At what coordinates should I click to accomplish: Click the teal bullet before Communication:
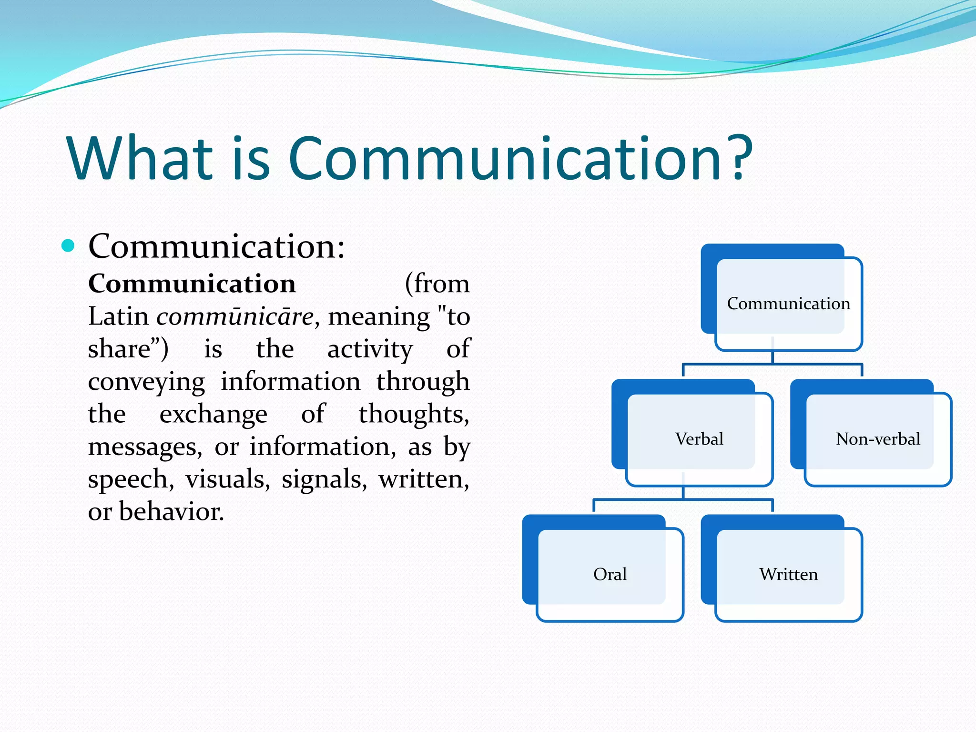tap(69, 245)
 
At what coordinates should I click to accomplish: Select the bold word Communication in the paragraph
tap(192, 284)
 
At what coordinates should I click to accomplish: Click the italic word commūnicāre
tap(235, 316)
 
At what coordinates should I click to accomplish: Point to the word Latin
tap(118, 316)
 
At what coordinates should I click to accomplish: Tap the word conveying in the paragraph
tap(146, 382)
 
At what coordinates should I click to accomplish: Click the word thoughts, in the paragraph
tap(414, 414)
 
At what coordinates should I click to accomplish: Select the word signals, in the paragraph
tap(324, 479)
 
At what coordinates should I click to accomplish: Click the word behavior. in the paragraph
tap(171, 512)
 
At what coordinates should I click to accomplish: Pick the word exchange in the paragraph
tap(213, 414)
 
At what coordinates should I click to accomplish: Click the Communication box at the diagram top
tap(788, 304)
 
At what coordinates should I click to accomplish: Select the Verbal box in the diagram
tap(699, 439)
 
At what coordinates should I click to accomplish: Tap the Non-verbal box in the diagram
tap(877, 439)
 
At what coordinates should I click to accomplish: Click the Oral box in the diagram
tap(610, 574)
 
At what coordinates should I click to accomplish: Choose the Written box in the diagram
tap(788, 574)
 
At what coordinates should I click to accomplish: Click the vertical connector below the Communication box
tap(773, 356)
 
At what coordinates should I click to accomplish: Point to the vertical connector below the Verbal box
tap(683, 492)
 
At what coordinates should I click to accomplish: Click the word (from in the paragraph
tap(437, 284)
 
